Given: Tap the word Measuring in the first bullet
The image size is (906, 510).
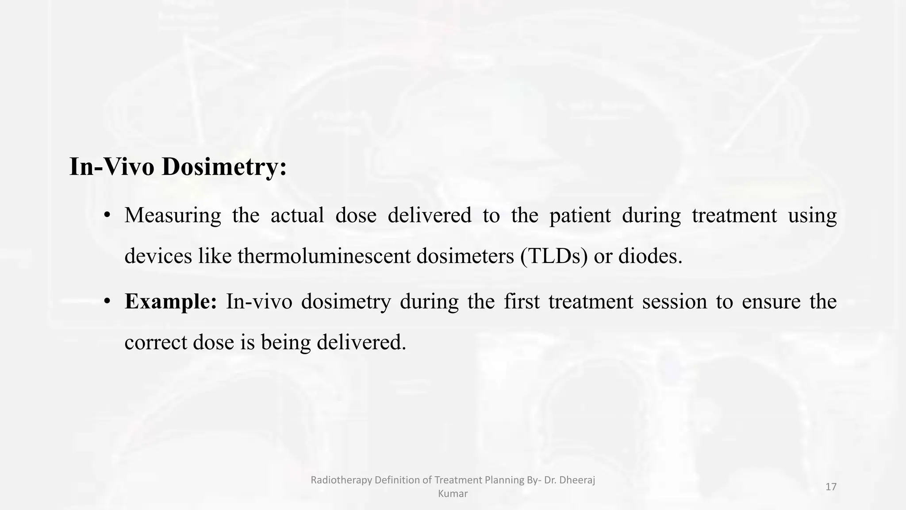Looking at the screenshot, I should coord(173,216).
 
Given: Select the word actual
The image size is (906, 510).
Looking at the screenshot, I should coord(297,216).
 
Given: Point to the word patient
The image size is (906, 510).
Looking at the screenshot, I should coord(580,216).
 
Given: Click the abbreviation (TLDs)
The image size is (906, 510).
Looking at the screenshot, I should coord(554,256).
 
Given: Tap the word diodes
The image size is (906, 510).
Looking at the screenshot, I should coord(650,256).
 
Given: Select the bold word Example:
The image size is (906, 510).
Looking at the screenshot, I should coord(171,302).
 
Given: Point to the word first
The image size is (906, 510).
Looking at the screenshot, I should coord(522,302).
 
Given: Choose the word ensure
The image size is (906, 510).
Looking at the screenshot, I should coord(771,302).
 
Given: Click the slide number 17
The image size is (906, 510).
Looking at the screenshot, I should coord(831,487).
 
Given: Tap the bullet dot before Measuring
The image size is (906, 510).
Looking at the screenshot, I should coord(107,216).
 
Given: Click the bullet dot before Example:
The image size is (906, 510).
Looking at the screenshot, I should coord(107,302).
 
